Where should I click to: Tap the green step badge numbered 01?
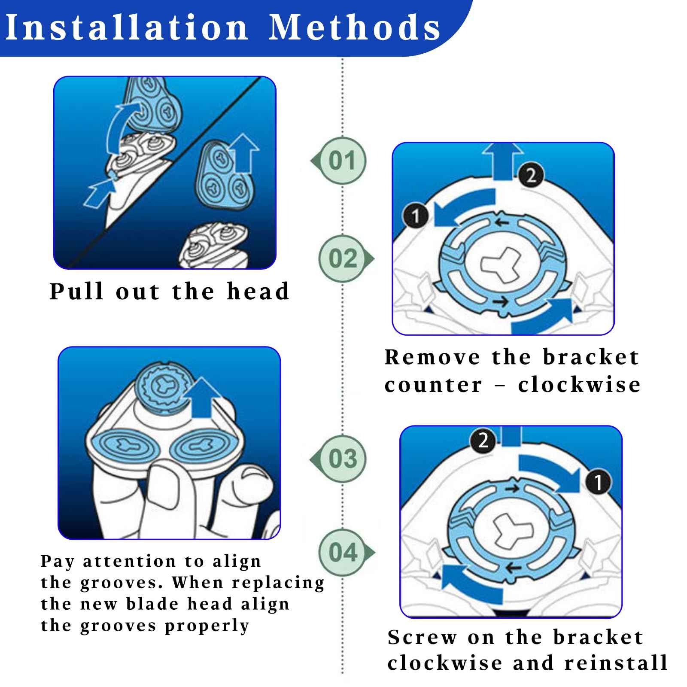coord(342,161)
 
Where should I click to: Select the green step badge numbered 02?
coord(343,258)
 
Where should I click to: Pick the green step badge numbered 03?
coord(342,459)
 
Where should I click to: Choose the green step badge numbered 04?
coord(343,552)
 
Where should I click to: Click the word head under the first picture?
coord(258,292)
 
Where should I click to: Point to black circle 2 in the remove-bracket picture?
coord(531,175)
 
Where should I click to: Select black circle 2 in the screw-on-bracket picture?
coord(483,441)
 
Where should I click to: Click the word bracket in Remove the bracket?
coord(591,357)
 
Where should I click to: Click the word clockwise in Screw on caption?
coord(444,663)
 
